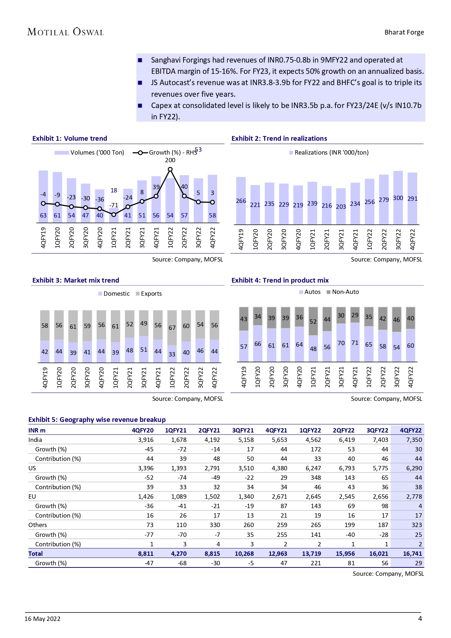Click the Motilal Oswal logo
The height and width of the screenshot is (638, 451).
tap(66, 32)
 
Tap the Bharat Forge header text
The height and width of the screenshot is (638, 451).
tap(404, 32)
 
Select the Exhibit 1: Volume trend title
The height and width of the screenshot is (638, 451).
tap(70, 139)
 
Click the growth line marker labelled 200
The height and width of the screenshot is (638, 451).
tap(170, 169)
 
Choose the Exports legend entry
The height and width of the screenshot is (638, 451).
tap(149, 294)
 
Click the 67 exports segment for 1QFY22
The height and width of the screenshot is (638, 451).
tap(172, 327)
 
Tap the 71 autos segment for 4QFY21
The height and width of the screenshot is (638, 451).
tap(355, 342)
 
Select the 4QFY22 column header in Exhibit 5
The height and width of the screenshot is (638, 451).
tap(411, 430)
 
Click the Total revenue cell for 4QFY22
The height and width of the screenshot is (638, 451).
tap(412, 554)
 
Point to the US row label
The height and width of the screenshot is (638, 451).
tap(32, 468)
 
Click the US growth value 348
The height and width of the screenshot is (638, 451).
tap(315, 478)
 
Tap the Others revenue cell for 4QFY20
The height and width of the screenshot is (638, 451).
tap(149, 525)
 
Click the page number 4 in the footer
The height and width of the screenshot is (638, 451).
tap(420, 619)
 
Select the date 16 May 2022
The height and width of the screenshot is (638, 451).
tap(43, 619)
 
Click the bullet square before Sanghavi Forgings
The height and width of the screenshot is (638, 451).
tap(140, 60)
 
